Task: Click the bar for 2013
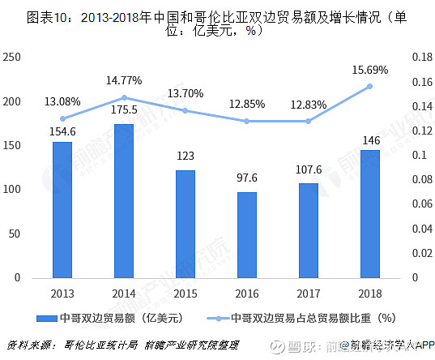click(62, 209)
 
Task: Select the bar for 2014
click(123, 200)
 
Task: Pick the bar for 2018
click(370, 213)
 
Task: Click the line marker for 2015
click(185, 110)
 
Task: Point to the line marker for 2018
click(370, 86)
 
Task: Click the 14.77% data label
click(123, 81)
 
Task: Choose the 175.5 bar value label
click(123, 109)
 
